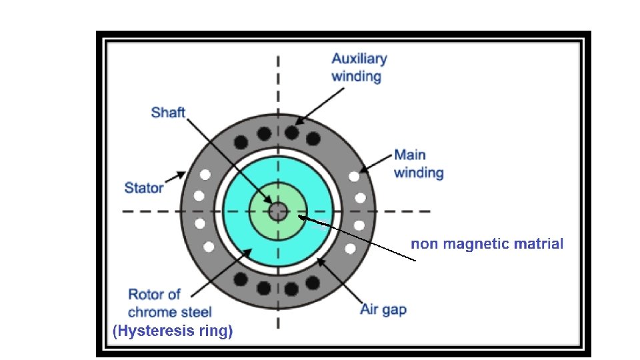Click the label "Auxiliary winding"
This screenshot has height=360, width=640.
click(x=359, y=67)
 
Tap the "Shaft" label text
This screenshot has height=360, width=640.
click(x=168, y=112)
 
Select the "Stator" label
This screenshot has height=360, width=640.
click(x=143, y=187)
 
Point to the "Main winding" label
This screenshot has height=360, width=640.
click(x=418, y=164)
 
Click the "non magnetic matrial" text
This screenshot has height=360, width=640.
click(x=487, y=244)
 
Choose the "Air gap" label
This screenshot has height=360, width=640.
click(x=383, y=309)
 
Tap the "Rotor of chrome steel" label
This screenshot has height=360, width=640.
click(x=170, y=303)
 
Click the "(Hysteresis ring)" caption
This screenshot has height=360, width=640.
click(x=173, y=331)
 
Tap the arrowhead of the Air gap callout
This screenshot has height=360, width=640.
click(x=320, y=261)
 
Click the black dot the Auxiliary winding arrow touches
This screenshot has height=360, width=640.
click(x=291, y=133)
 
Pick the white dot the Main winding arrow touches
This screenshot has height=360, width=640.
click(x=354, y=177)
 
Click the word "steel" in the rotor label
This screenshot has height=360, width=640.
click(x=196, y=311)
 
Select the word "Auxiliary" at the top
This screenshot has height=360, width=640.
click(x=359, y=59)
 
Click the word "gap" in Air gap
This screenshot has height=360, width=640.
click(x=393, y=309)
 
